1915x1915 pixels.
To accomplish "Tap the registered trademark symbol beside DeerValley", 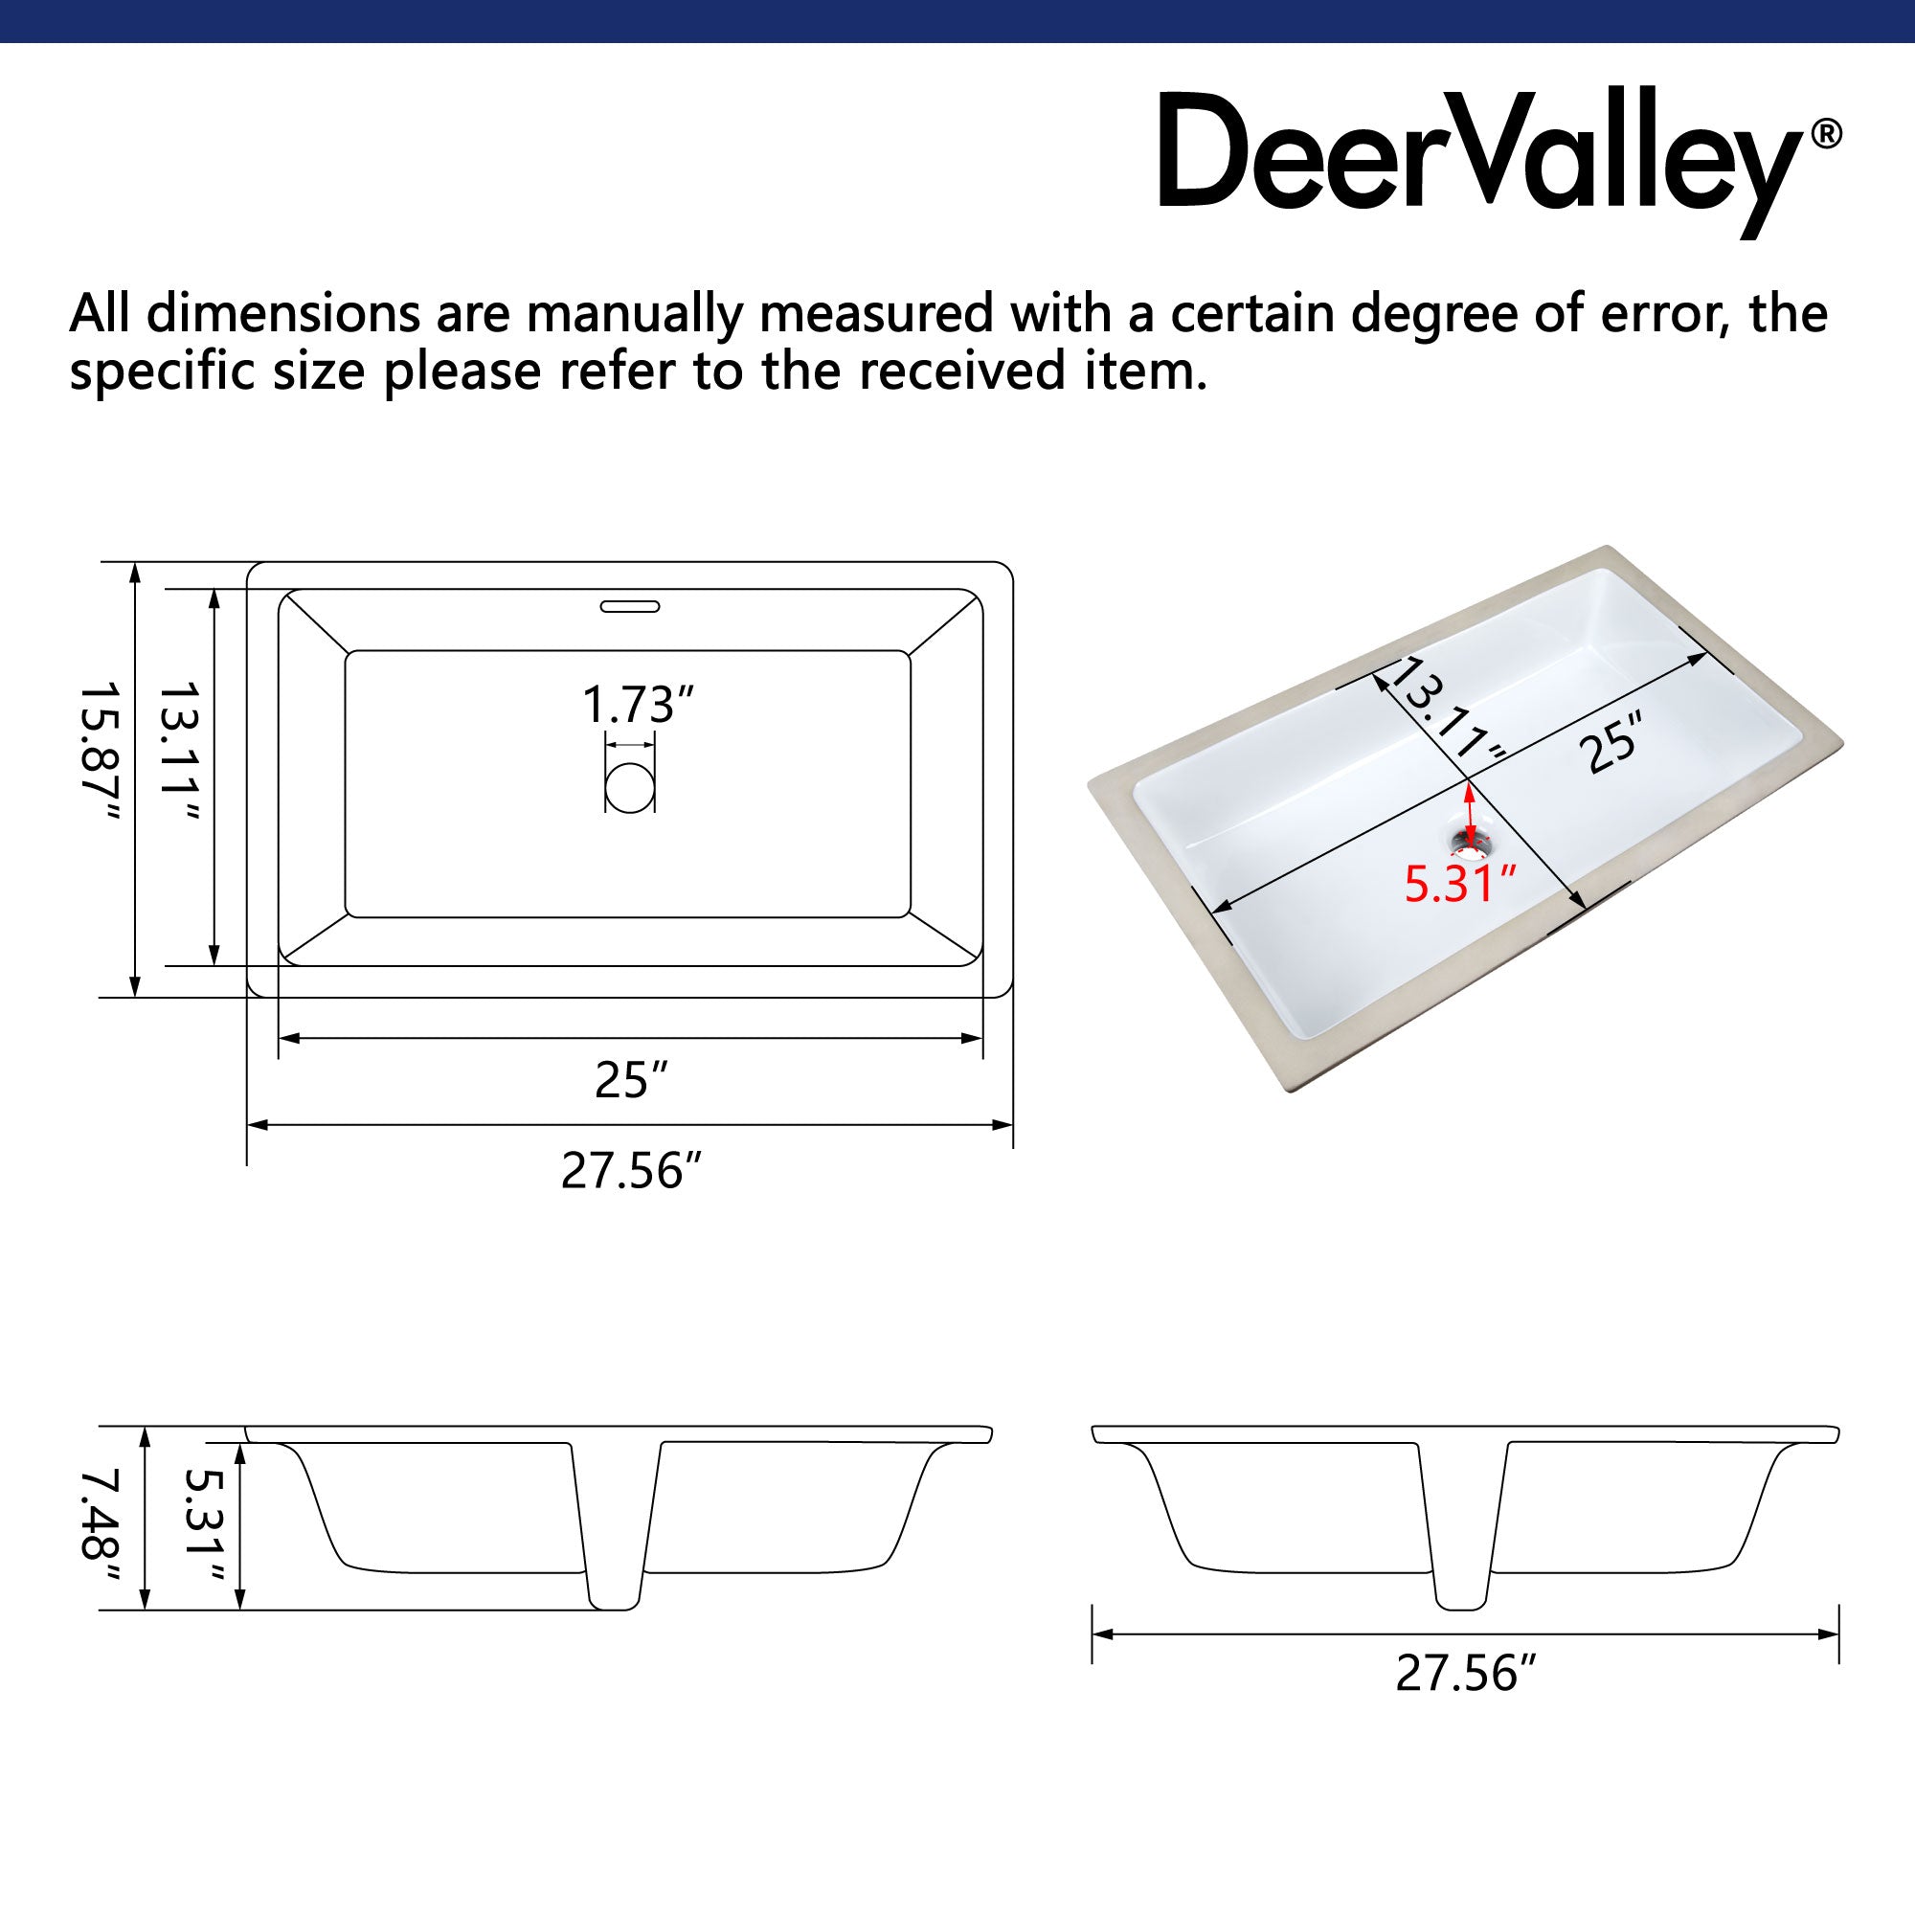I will tap(1826, 134).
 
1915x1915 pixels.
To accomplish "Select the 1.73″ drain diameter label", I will tap(637, 705).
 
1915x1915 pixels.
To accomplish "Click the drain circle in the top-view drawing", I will tap(629, 788).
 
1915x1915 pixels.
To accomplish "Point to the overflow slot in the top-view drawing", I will tap(629, 606).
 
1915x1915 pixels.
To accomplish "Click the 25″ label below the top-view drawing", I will tap(631, 1080).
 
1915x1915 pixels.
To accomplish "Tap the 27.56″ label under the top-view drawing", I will tap(631, 1171).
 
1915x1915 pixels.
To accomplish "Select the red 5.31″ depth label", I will tap(1460, 884).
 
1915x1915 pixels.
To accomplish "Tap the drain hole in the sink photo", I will tap(1469, 844).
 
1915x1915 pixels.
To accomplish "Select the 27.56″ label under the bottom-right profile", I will tap(1465, 1673).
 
